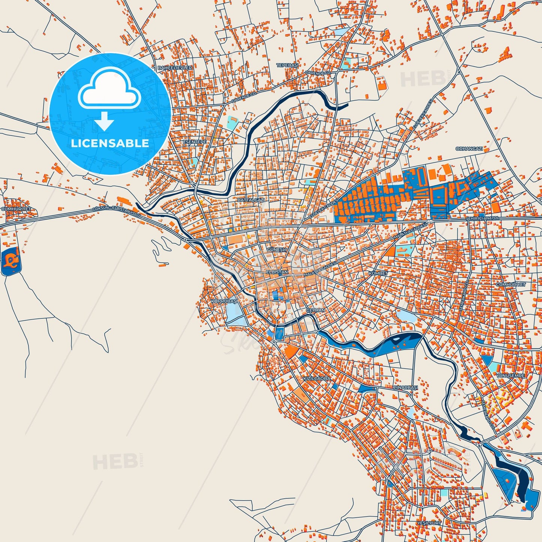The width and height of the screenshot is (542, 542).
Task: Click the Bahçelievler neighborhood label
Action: (x=175, y=68)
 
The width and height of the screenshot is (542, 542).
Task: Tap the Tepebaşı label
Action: (x=287, y=65)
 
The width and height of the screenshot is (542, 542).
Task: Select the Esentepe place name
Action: (x=194, y=142)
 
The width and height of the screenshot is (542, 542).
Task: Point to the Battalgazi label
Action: (x=251, y=200)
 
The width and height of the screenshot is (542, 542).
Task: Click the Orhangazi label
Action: (x=469, y=149)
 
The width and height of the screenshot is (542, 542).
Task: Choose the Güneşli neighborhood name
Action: (x=277, y=249)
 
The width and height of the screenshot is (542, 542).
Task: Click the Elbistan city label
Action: (x=277, y=272)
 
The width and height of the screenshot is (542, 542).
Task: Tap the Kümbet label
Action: (x=378, y=273)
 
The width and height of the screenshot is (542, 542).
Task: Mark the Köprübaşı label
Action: (x=224, y=301)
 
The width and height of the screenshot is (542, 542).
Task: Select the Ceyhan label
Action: (x=315, y=310)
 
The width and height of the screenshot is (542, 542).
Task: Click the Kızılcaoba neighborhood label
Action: (x=317, y=378)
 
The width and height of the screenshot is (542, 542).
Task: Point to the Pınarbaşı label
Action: (x=405, y=387)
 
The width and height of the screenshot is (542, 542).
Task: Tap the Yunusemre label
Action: (x=510, y=375)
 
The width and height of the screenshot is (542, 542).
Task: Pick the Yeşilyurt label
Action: (x=429, y=522)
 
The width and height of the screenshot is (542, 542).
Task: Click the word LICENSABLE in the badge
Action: (x=110, y=143)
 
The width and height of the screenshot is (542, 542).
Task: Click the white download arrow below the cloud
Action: (x=105, y=121)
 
